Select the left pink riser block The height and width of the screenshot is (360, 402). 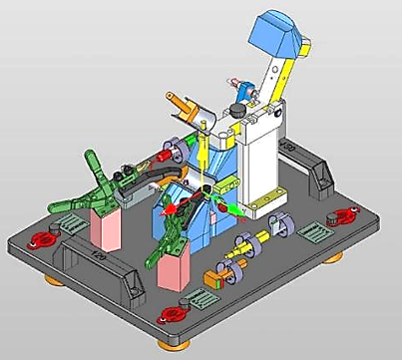(x=104, y=228)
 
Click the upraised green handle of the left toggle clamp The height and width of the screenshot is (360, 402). (x=96, y=165)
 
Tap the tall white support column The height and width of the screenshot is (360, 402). (x=258, y=165)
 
